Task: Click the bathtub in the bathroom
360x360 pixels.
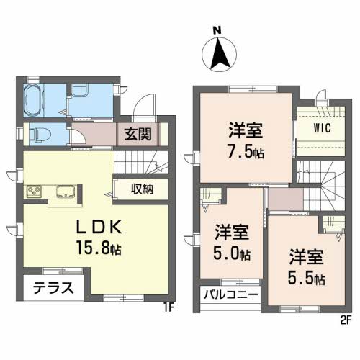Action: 32,100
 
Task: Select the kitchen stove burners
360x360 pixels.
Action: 34,192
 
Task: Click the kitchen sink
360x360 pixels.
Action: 66,192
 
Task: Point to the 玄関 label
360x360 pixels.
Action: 138,134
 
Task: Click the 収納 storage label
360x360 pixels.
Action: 142,189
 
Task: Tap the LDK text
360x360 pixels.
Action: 99,228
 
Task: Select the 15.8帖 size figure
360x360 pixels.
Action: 99,247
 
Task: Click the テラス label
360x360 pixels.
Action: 53,288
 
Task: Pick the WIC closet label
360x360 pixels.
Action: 322,128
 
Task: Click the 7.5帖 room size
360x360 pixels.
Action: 246,152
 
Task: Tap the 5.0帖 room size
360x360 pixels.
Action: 232,253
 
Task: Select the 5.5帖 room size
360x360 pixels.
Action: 307,279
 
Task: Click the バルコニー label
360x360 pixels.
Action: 232,294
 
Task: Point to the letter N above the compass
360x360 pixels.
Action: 217,30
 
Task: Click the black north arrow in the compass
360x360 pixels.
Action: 220,54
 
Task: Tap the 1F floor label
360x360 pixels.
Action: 168,307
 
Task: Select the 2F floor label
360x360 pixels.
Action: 346,320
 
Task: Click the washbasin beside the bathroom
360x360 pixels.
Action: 80,90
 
